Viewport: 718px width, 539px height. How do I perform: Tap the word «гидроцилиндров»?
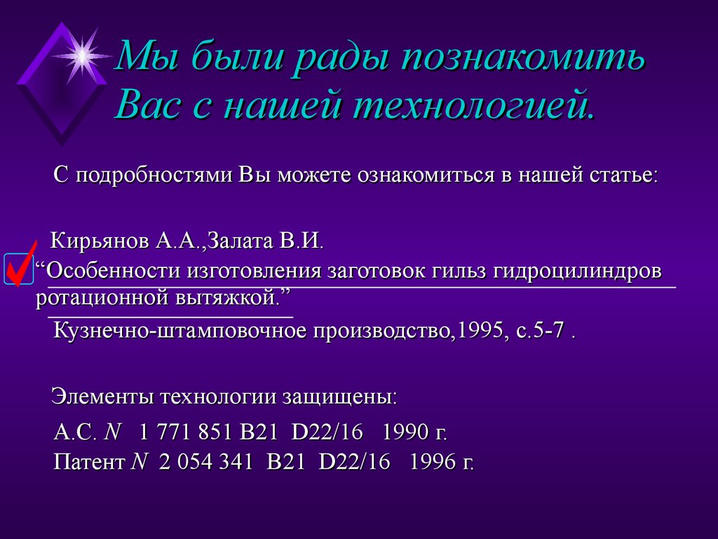(x=574, y=271)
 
